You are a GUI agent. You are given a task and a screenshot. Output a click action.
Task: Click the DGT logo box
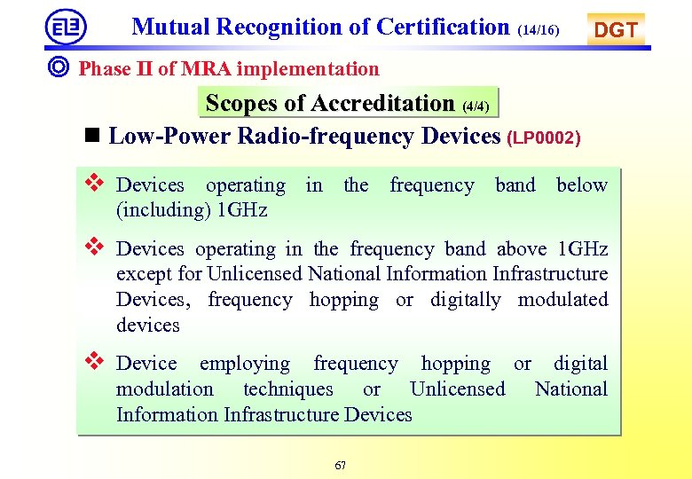[616, 29]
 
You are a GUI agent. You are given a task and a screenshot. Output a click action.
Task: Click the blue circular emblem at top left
[66, 27]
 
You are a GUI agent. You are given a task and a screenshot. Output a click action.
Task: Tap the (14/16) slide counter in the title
[539, 30]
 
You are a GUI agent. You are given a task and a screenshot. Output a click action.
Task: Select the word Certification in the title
[443, 27]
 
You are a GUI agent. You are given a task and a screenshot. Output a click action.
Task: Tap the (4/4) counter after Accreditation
[476, 106]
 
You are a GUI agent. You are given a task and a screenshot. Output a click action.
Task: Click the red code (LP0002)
[544, 137]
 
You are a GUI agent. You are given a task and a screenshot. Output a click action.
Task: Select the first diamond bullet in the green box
[94, 184]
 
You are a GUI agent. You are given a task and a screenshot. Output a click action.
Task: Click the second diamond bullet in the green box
[94, 247]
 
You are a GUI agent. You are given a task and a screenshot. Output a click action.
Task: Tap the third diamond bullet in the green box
[94, 362]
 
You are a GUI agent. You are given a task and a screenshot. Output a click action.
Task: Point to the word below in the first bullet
[581, 185]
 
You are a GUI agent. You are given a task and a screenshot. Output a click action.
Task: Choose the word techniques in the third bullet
[288, 389]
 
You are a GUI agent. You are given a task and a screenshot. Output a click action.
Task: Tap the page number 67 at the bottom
[341, 466]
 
